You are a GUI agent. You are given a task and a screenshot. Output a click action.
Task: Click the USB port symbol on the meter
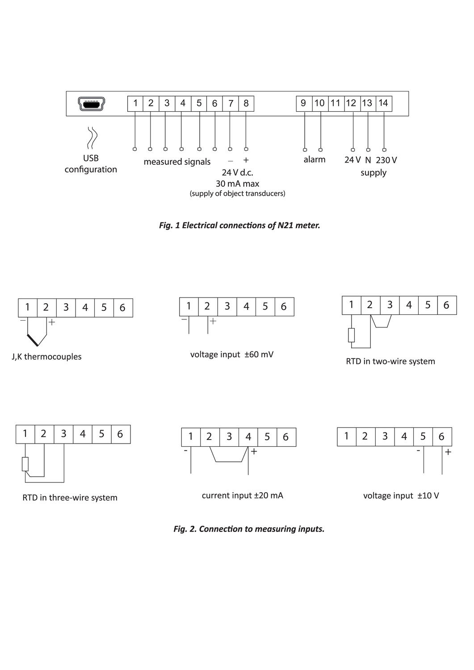click(x=91, y=104)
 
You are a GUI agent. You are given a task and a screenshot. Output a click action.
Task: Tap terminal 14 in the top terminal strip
click(x=383, y=103)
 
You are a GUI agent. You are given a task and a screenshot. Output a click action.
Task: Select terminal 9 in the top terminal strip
click(x=303, y=103)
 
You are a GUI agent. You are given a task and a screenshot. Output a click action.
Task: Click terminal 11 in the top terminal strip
click(x=335, y=103)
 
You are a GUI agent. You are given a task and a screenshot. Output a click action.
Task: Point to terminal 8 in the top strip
click(x=246, y=103)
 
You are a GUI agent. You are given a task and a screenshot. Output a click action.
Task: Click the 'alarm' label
click(x=315, y=159)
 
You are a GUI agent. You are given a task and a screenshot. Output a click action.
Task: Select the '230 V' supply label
click(x=386, y=160)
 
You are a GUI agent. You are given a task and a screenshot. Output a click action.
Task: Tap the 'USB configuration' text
click(x=91, y=164)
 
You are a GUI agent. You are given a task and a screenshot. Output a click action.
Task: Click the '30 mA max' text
click(x=237, y=184)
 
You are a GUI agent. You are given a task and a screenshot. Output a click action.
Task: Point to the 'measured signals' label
click(x=177, y=162)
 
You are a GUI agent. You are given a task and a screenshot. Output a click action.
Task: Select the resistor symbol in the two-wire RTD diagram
click(x=352, y=335)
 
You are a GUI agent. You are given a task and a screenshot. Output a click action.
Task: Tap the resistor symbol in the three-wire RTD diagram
click(x=25, y=464)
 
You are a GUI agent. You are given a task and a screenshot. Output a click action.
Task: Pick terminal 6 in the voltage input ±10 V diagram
click(x=441, y=436)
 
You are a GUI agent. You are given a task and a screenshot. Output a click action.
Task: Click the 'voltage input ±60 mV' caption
click(x=232, y=355)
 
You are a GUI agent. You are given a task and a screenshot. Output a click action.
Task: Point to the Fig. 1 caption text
click(x=239, y=225)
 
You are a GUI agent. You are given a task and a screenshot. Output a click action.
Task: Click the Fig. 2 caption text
click(x=249, y=529)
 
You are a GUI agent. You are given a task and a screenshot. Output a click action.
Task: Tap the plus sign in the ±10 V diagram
click(x=448, y=452)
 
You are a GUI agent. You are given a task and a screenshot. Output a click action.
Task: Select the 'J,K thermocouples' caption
click(x=46, y=357)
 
